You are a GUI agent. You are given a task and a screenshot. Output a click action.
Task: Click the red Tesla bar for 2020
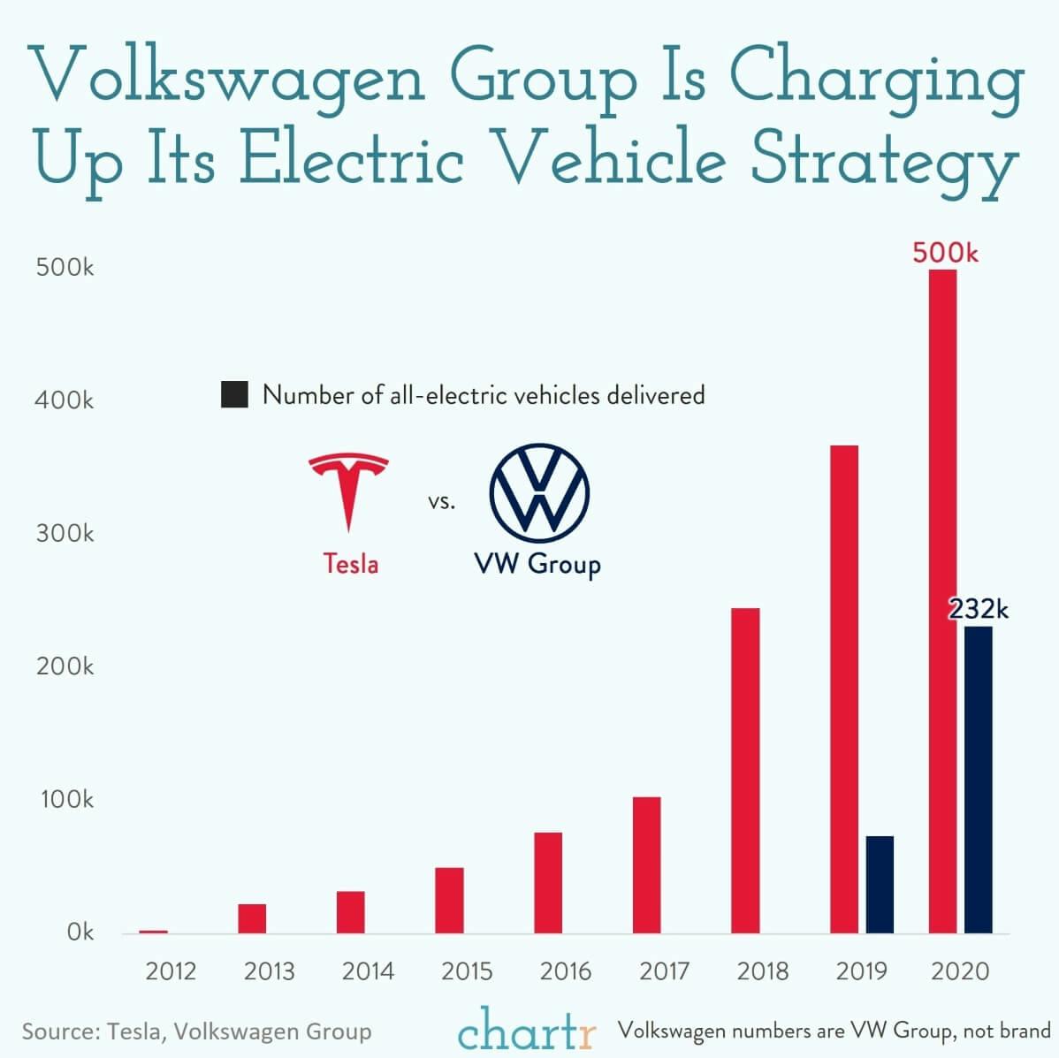(942, 601)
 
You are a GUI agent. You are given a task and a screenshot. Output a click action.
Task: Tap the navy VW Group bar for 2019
(880, 884)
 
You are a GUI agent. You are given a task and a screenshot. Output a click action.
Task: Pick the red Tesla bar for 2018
(745, 770)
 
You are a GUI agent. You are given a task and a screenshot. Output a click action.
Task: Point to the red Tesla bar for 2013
(252, 918)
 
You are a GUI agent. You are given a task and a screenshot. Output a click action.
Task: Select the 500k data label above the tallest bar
(945, 253)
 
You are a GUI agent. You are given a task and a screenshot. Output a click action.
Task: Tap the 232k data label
(978, 609)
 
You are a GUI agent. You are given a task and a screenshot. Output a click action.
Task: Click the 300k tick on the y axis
(65, 534)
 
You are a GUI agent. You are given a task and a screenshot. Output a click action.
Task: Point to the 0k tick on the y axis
(80, 932)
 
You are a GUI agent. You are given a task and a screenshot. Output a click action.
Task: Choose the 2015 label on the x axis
(467, 971)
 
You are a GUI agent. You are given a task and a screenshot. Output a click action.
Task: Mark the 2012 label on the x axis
(171, 971)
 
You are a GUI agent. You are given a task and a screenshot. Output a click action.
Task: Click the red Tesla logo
(347, 491)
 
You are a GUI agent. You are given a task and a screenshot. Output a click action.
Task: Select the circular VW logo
(539, 494)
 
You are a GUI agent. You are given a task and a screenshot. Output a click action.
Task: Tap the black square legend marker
(234, 394)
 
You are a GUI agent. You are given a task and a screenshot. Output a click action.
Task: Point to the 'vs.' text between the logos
(441, 503)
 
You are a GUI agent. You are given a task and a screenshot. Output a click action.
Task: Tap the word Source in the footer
(58, 1031)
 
